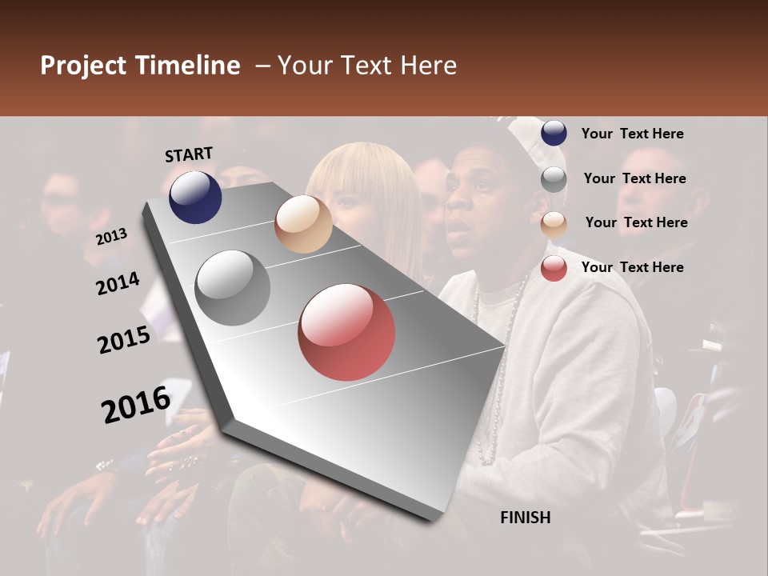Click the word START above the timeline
pos(189,154)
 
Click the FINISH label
pos(526,518)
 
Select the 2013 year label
pos(111,237)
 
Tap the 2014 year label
pos(118,284)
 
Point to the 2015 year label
pos(124,340)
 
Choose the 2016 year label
pos(136,404)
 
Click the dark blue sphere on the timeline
pos(195,197)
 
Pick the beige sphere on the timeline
pos(303,224)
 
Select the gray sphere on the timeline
pos(233,288)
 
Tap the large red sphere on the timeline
pos(346,332)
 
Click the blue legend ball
pos(554,134)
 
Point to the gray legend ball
pos(554,179)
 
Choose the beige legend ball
pos(554,224)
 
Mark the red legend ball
pos(554,268)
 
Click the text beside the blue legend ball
pos(632,134)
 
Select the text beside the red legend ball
pos(632,267)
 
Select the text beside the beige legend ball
pos(636,222)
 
